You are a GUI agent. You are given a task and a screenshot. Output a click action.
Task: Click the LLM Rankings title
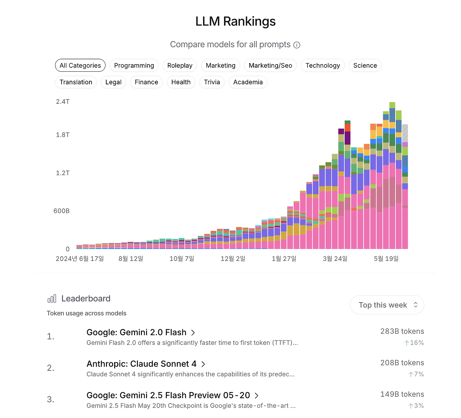pos(235,22)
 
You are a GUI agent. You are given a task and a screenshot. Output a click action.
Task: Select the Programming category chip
pos(134,66)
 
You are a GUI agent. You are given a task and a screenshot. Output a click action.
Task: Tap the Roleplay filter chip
pos(180,66)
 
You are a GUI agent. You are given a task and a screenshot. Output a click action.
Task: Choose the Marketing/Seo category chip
pos(270,66)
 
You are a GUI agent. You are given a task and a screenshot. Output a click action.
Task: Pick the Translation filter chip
pos(76,82)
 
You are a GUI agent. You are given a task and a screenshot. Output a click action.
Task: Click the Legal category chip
pos(113,82)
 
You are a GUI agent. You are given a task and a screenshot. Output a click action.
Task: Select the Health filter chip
pos(181,82)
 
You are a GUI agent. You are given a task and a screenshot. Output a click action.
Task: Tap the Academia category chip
pos(248,82)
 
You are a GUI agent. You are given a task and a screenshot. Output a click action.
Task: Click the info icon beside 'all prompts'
pos(297,45)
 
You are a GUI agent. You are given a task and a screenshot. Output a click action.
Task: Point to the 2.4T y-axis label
pos(63,102)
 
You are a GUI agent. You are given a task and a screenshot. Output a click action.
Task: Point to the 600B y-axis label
pos(62,211)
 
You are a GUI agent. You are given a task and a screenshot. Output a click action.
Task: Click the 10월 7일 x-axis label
pos(182,259)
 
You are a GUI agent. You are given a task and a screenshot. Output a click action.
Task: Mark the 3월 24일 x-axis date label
pos(335,259)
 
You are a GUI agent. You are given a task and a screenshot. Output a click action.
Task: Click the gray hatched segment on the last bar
pos(405,133)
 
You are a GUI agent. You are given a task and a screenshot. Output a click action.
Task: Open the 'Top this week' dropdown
pos(387,305)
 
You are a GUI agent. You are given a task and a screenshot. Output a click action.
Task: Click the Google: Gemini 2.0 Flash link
pos(136,332)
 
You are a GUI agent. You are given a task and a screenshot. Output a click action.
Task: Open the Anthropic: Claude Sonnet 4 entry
pos(142,364)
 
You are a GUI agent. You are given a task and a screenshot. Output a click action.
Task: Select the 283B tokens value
pos(402,332)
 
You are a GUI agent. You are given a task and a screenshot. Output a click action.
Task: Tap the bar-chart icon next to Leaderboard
pos(52,299)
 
